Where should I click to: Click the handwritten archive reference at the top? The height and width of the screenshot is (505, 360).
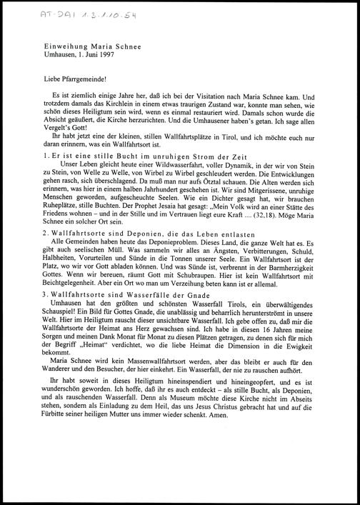(48, 14)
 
